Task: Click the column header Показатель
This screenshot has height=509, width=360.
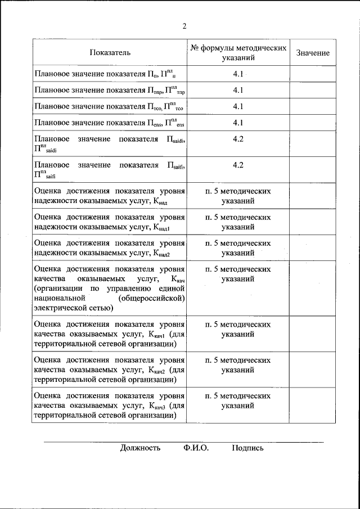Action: (x=110, y=53)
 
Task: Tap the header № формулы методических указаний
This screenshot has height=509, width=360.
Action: (x=237, y=53)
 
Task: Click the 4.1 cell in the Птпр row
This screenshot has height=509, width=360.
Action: (x=237, y=90)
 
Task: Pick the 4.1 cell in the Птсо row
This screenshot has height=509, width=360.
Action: (x=237, y=106)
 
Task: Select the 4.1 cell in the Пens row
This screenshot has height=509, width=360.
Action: (x=237, y=123)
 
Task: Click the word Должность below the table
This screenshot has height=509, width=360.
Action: (x=140, y=448)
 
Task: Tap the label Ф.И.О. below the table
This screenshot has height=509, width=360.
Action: (x=195, y=448)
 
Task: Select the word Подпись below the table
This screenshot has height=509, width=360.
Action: (x=247, y=448)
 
